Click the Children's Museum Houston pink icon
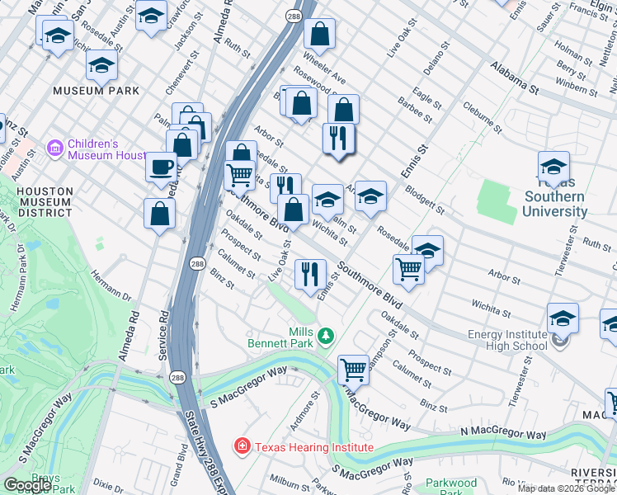pyautogui.click(x=55, y=148)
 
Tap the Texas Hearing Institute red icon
pyautogui.click(x=243, y=447)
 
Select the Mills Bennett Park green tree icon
pyautogui.click(x=327, y=336)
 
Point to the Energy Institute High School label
pyautogui.click(x=507, y=340)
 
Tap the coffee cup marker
pyautogui.click(x=161, y=167)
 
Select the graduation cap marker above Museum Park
pyautogui.click(x=102, y=64)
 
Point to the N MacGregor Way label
pyautogui.click(x=503, y=434)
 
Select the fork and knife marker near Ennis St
pyautogui.click(x=310, y=274)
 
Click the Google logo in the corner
pyautogui.click(x=27, y=485)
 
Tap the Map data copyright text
pyautogui.click(x=566, y=488)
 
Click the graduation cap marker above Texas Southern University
pyautogui.click(x=553, y=166)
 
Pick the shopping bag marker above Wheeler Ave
pyautogui.click(x=319, y=34)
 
